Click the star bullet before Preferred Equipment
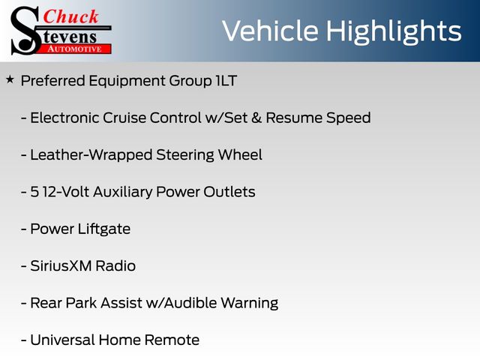point(10,80)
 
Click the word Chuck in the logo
point(70,16)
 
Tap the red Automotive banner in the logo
point(75,49)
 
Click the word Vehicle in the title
point(270,31)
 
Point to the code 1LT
point(226,81)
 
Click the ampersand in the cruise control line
point(256,118)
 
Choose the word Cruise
point(124,118)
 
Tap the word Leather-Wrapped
point(91,155)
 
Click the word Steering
point(185,155)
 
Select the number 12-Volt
point(66,192)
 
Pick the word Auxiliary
point(122,192)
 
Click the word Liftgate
point(104,229)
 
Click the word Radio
point(115,265)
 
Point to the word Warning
point(250,303)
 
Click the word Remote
point(172,340)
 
